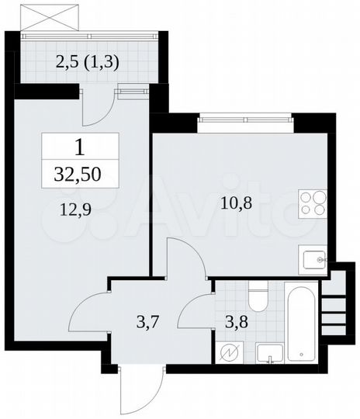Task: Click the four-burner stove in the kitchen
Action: tap(314, 202)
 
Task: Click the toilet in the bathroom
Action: tap(258, 300)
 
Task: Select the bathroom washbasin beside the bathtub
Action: tap(267, 352)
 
